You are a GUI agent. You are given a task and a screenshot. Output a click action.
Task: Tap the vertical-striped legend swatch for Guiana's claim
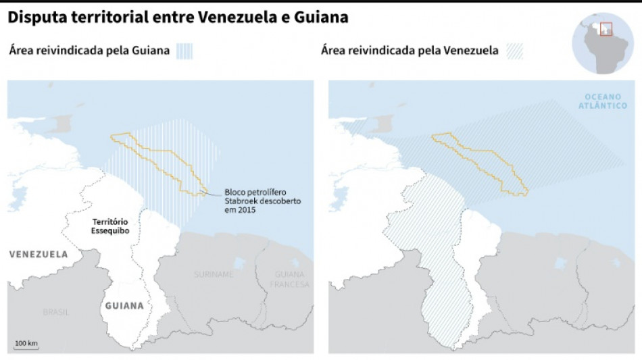184,51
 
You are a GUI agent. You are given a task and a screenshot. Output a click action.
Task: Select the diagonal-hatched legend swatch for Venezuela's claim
514,51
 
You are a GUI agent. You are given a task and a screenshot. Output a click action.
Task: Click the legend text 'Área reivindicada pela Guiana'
89,51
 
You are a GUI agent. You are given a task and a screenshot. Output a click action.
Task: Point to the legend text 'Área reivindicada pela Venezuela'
410,51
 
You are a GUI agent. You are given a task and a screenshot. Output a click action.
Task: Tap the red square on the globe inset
606,30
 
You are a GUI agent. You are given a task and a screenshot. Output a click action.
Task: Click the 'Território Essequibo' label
110,226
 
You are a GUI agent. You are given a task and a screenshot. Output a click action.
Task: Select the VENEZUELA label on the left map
39,255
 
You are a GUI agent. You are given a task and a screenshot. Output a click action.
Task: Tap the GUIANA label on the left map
124,305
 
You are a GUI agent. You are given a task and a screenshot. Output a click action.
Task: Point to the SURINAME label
214,274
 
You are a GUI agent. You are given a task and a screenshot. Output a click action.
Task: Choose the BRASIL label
56,312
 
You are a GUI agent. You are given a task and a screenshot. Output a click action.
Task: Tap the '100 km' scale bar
26,345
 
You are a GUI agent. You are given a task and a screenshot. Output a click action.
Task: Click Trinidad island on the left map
66,123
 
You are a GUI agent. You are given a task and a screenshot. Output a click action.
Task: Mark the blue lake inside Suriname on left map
239,263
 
